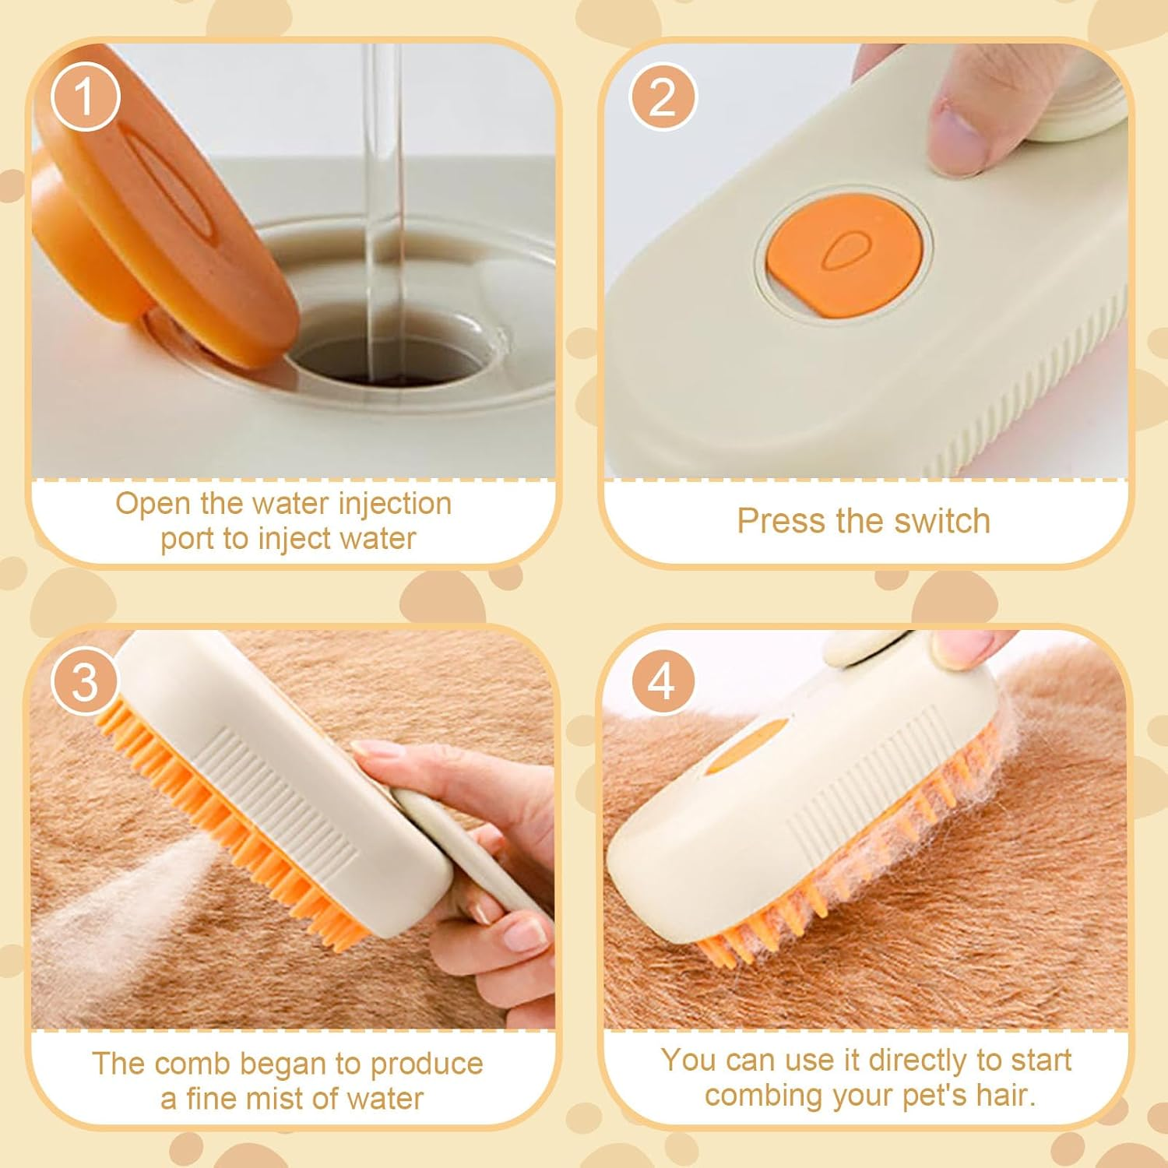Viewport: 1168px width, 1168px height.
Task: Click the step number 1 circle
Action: pyautogui.click(x=85, y=97)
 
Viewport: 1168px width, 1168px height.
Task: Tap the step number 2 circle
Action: pyautogui.click(x=662, y=97)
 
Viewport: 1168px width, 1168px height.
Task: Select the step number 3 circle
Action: pyautogui.click(x=85, y=681)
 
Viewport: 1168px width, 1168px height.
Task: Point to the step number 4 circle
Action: pyautogui.click(x=662, y=681)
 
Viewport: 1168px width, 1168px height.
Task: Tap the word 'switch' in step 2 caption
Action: pyautogui.click(x=942, y=521)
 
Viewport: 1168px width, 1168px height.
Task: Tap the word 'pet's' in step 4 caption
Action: pyautogui.click(x=934, y=1096)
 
